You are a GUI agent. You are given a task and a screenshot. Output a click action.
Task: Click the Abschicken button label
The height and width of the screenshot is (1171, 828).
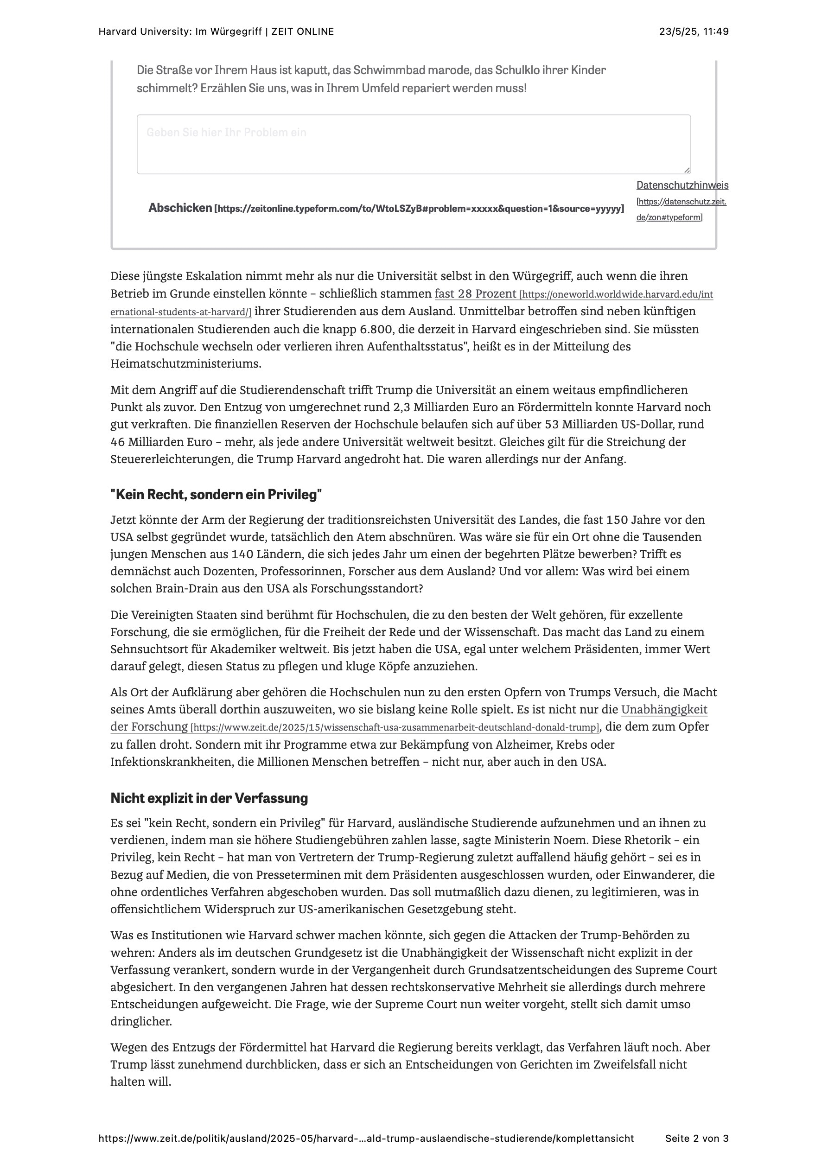(x=180, y=208)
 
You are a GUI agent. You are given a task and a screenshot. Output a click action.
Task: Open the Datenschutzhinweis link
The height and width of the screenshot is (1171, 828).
(x=682, y=185)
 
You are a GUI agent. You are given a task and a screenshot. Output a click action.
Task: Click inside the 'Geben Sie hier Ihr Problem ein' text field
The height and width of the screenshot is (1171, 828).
(x=413, y=144)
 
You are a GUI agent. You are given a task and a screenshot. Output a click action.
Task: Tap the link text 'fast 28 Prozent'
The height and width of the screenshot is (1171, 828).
(x=475, y=294)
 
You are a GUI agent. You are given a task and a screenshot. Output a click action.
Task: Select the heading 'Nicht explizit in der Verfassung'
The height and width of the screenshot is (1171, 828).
(x=209, y=798)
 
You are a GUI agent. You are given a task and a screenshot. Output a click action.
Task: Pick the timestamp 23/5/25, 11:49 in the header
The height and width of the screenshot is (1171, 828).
(x=694, y=32)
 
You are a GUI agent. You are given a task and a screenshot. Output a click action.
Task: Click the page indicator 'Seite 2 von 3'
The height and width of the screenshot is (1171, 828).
(x=696, y=1139)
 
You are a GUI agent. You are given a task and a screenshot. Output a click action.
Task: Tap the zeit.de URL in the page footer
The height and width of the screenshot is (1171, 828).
(x=366, y=1139)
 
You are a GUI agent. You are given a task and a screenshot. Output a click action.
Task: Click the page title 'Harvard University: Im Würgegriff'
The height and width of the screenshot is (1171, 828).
(x=179, y=32)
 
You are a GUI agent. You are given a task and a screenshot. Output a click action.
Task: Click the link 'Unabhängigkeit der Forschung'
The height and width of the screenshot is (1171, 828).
(x=664, y=709)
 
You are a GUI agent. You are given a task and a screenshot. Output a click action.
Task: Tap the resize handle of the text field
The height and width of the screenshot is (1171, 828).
(x=687, y=170)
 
